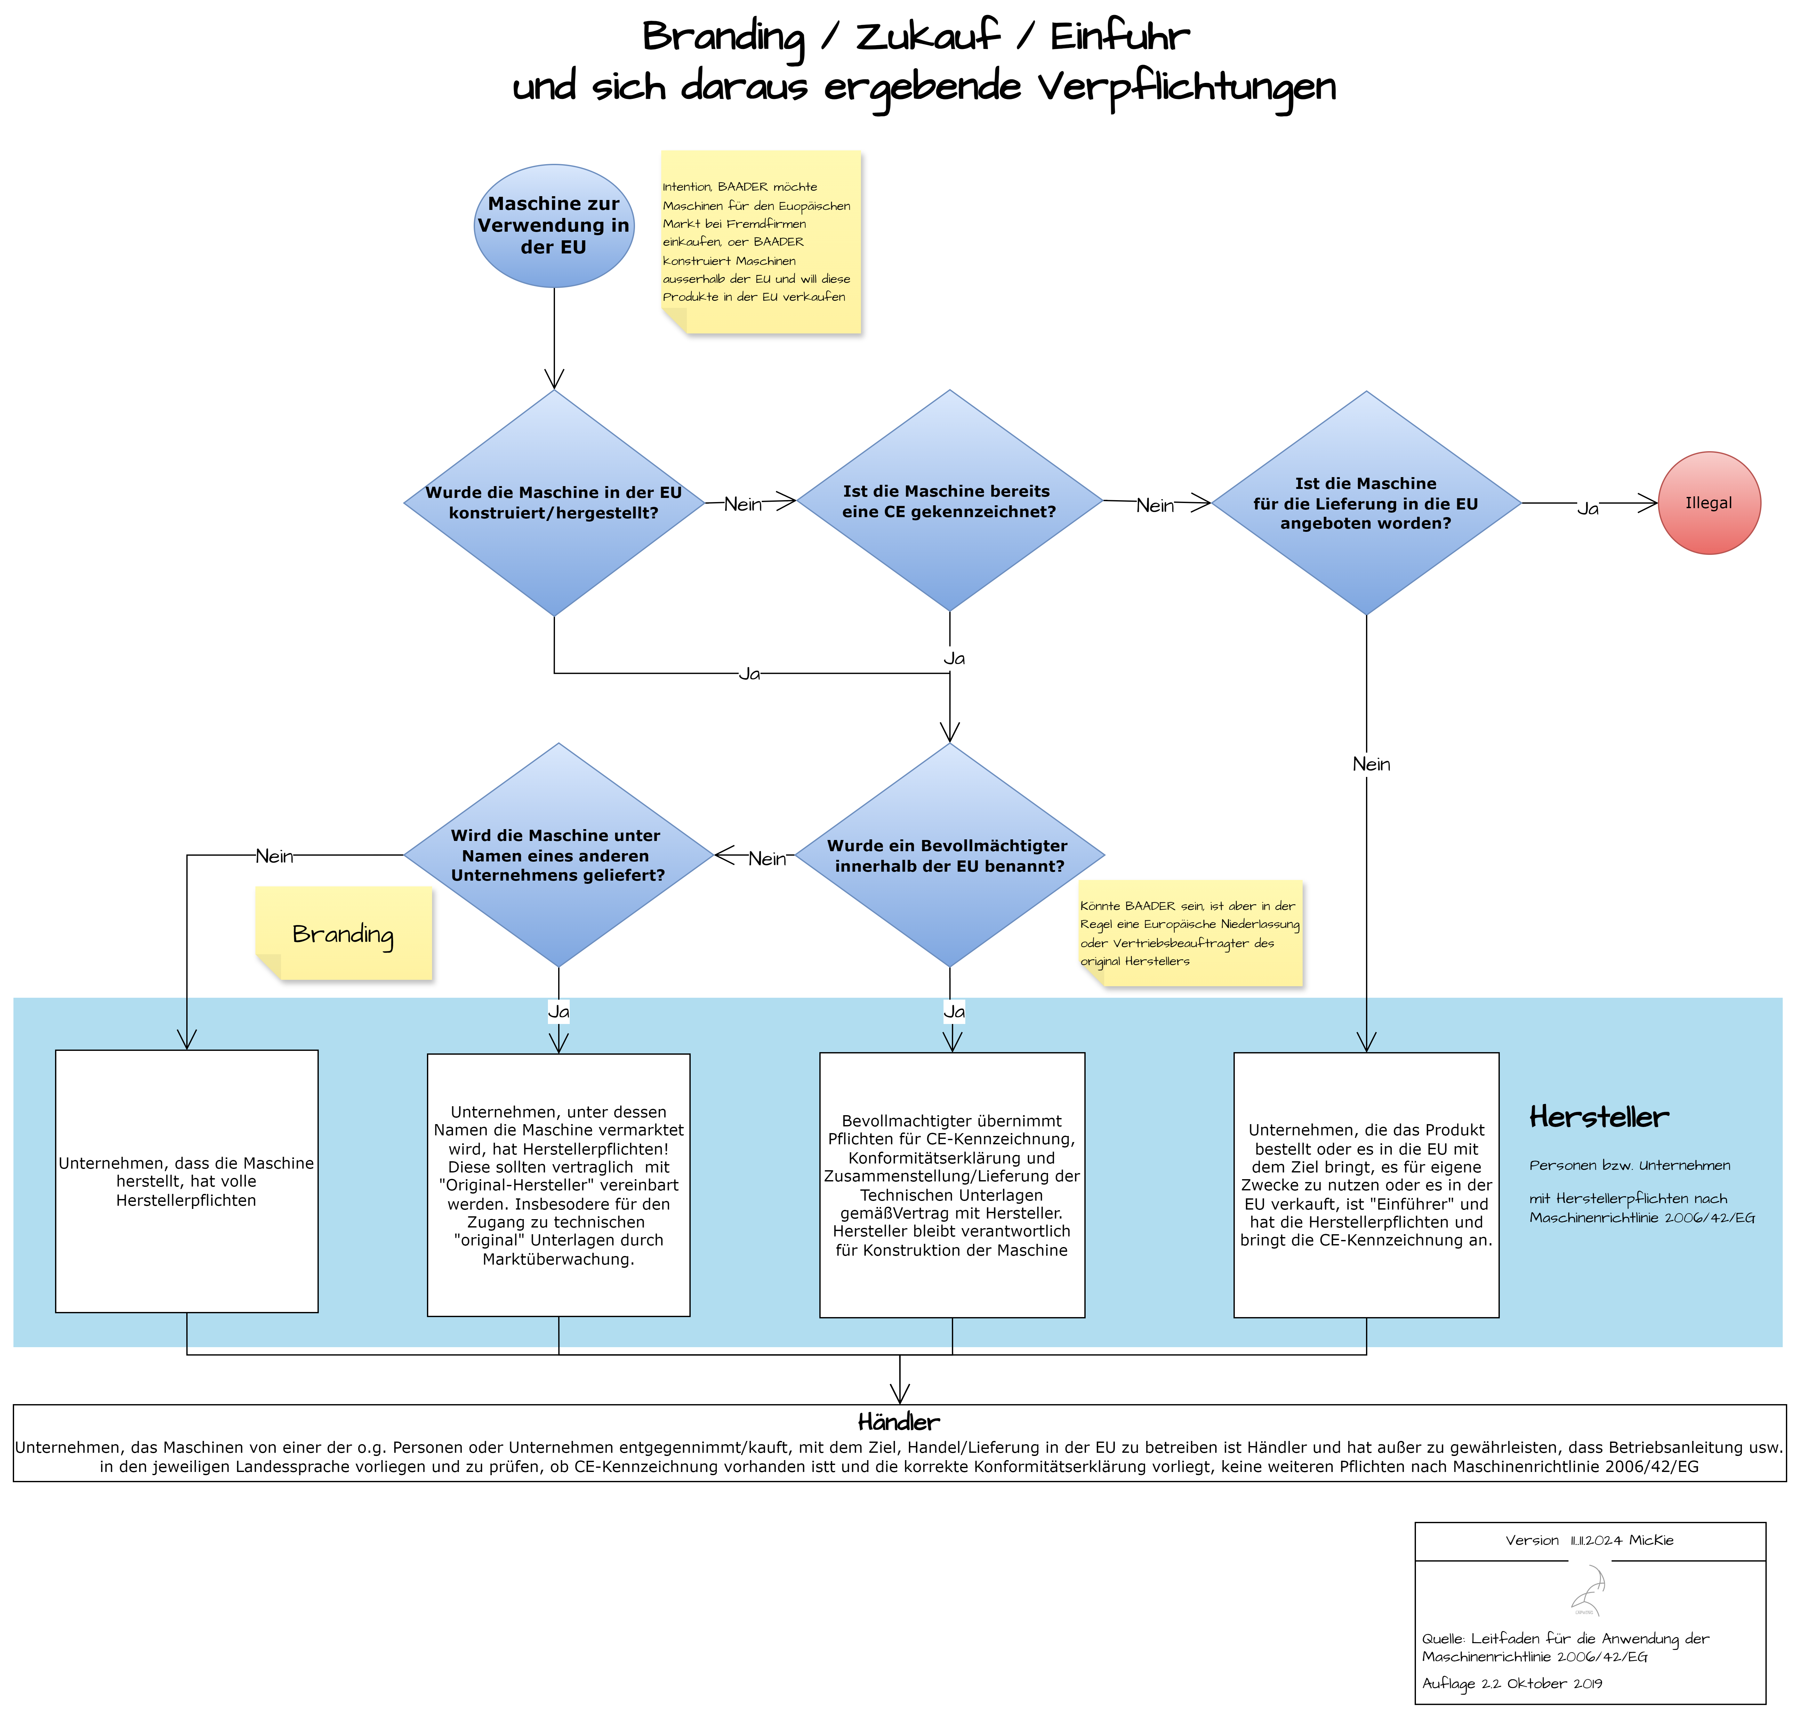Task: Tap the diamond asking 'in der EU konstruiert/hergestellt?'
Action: click(554, 503)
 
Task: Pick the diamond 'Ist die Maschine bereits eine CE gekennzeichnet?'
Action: click(950, 501)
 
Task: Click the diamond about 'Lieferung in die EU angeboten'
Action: click(1366, 503)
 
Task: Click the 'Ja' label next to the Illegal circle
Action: click(1587, 508)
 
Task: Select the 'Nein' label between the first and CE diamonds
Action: click(742, 504)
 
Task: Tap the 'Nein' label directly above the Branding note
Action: click(274, 857)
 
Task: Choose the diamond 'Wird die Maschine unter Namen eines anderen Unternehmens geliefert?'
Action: click(558, 855)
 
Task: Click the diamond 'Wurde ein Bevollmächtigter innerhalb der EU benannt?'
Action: click(950, 855)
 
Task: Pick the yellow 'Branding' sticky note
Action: click(344, 933)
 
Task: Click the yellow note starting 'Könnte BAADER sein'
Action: click(1190, 933)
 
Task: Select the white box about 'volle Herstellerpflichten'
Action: click(187, 1181)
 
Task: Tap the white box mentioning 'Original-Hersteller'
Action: click(558, 1185)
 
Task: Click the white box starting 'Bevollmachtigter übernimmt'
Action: click(951, 1185)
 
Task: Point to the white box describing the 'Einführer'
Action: click(1366, 1185)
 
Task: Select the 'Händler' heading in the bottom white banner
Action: click(898, 1422)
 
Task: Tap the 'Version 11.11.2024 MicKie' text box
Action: click(1589, 1540)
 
